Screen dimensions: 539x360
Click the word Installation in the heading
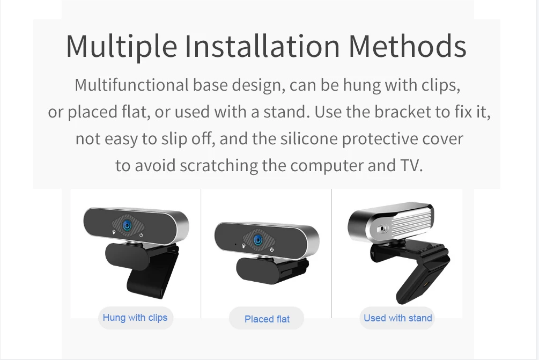tap(262, 46)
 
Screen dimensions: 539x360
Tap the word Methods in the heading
tap(408, 46)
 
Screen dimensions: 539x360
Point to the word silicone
tap(309, 139)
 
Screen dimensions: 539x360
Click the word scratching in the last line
tap(219, 166)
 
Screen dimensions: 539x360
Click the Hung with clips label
tap(135, 318)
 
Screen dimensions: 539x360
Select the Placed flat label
tap(267, 319)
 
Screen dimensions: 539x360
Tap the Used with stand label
tap(398, 318)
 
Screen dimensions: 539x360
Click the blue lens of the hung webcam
tap(127, 225)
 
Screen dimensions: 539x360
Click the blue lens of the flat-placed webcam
tap(258, 240)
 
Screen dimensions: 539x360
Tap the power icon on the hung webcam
tap(141, 235)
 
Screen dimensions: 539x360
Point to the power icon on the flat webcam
tap(272, 249)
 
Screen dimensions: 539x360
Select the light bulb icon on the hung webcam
tap(114, 232)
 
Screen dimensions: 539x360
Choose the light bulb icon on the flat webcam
tap(243, 246)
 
